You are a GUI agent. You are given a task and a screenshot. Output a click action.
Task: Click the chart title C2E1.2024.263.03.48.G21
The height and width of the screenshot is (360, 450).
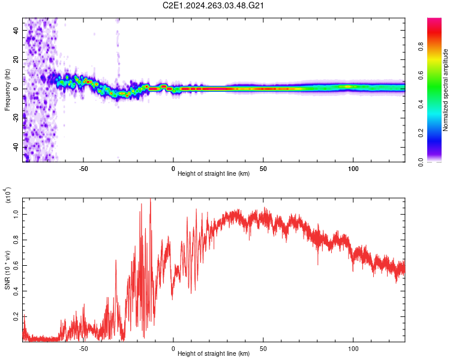[214, 5]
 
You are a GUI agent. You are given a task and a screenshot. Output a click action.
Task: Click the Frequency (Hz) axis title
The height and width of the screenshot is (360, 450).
[7, 89]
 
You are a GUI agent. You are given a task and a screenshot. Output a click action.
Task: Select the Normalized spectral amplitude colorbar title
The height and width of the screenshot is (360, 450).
[446, 90]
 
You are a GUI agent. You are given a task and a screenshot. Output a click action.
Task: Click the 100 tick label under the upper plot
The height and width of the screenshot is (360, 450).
[353, 169]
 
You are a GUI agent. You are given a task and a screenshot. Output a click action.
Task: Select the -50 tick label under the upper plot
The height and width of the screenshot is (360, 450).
[83, 169]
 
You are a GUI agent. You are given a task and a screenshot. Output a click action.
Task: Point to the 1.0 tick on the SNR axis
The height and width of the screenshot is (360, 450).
[16, 212]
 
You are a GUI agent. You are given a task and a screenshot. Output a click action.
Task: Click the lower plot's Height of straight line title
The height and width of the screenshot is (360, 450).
[214, 354]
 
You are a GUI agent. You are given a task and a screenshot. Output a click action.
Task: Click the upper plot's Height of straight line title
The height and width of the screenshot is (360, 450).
[214, 175]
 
